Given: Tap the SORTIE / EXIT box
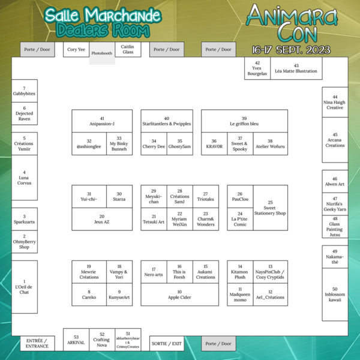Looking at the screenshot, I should [166, 343].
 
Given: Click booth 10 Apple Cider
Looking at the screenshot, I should [179, 294].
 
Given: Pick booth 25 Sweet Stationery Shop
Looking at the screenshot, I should [270, 208].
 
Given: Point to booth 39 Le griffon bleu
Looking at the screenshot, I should [244, 121].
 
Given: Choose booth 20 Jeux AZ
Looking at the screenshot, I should [102, 219].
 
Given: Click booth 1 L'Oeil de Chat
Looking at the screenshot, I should [25, 287].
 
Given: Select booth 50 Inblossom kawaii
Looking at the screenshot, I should [335, 294].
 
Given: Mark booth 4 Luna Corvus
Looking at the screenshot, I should [25, 178].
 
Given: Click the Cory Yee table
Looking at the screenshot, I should [76, 50].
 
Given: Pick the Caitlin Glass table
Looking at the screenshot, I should [127, 50].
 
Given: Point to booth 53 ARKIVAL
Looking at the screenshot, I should [76, 340].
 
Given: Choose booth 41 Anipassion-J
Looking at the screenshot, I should [102, 121].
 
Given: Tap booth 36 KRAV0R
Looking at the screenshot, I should [214, 144].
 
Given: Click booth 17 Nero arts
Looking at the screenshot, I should [154, 272].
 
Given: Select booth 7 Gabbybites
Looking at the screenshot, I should [25, 91].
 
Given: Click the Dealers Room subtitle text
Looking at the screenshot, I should [103, 29].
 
